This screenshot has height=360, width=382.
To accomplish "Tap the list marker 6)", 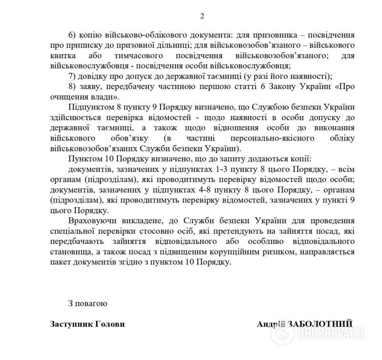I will click(73, 36).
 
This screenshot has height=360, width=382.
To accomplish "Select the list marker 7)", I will click(73, 76).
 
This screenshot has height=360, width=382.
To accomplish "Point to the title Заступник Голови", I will click(87, 324).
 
